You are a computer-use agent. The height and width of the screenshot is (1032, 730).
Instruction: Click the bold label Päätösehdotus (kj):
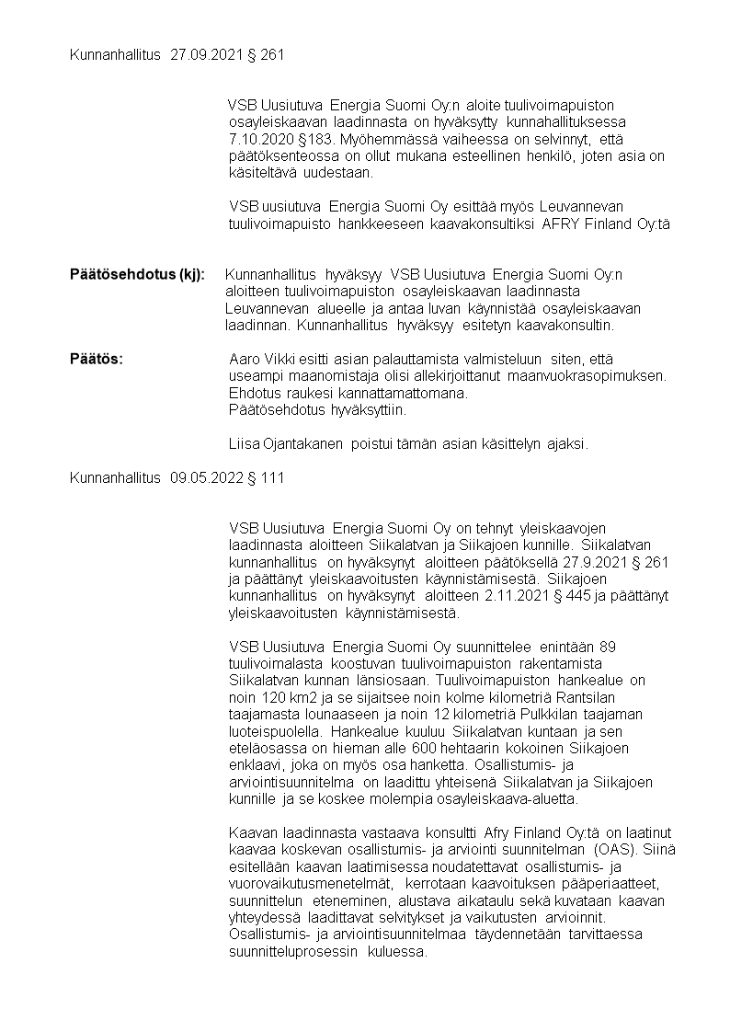pos(138,274)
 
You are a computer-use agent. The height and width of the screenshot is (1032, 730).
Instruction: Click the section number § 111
pos(267,477)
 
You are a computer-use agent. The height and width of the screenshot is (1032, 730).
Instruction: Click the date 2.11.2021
pos(512,596)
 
